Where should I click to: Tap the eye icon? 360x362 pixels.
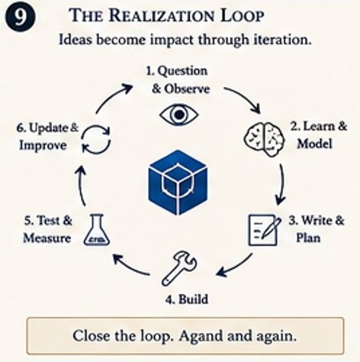[x=179, y=115]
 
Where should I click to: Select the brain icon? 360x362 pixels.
[x=264, y=139]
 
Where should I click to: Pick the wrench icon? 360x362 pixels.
[x=179, y=268]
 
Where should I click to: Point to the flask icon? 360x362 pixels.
[x=97, y=230]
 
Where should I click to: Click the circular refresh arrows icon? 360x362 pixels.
[x=96, y=139]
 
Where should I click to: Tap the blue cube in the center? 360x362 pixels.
[x=178, y=183]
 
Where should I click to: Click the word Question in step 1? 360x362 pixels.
[x=182, y=71]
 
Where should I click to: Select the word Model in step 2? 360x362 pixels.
[x=315, y=144]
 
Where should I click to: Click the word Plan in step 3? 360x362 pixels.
[x=308, y=238]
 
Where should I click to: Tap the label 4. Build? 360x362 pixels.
[x=187, y=299]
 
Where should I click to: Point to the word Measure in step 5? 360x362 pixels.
[x=47, y=238]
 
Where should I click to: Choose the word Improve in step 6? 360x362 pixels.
[x=43, y=145]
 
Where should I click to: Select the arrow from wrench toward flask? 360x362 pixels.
[x=130, y=265]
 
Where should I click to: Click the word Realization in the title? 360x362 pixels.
[x=162, y=16]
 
